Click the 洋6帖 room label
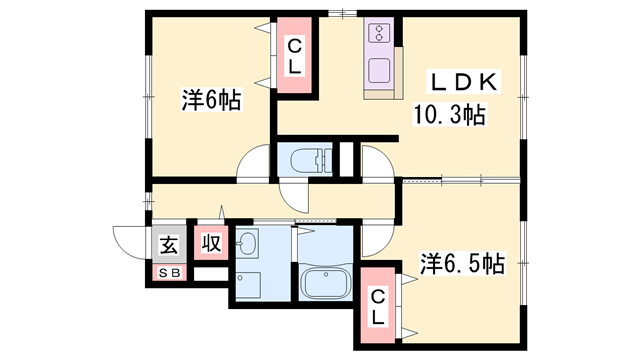tap(211, 102)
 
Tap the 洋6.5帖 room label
tap(462, 264)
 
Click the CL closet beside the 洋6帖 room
tap(296, 56)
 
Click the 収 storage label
tap(210, 242)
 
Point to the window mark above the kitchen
tap(343, 12)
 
